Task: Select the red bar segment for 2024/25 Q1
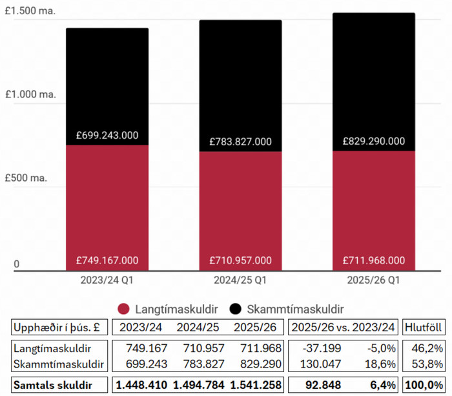point(240,207)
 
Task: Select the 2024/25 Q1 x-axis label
point(240,281)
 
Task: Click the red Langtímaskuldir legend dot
point(125,309)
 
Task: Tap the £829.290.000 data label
point(374,141)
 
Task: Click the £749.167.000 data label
point(107,261)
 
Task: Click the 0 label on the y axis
point(17,264)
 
